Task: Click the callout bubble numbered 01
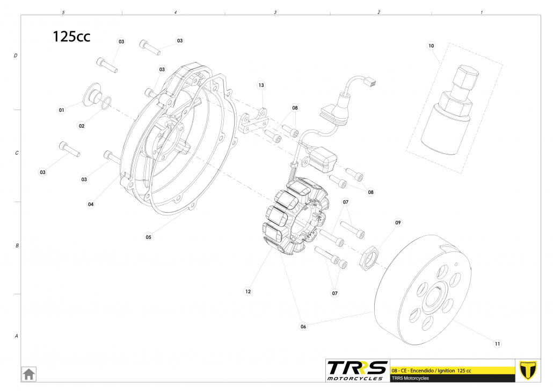(61, 110)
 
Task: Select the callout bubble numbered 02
(82, 126)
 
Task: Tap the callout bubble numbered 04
(91, 204)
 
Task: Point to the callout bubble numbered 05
(149, 237)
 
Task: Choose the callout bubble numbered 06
(303, 327)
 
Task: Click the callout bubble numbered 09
(398, 223)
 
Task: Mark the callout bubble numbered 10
(431, 46)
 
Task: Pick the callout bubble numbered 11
(497, 344)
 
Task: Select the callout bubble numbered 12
(248, 292)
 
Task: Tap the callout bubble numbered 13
(261, 85)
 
